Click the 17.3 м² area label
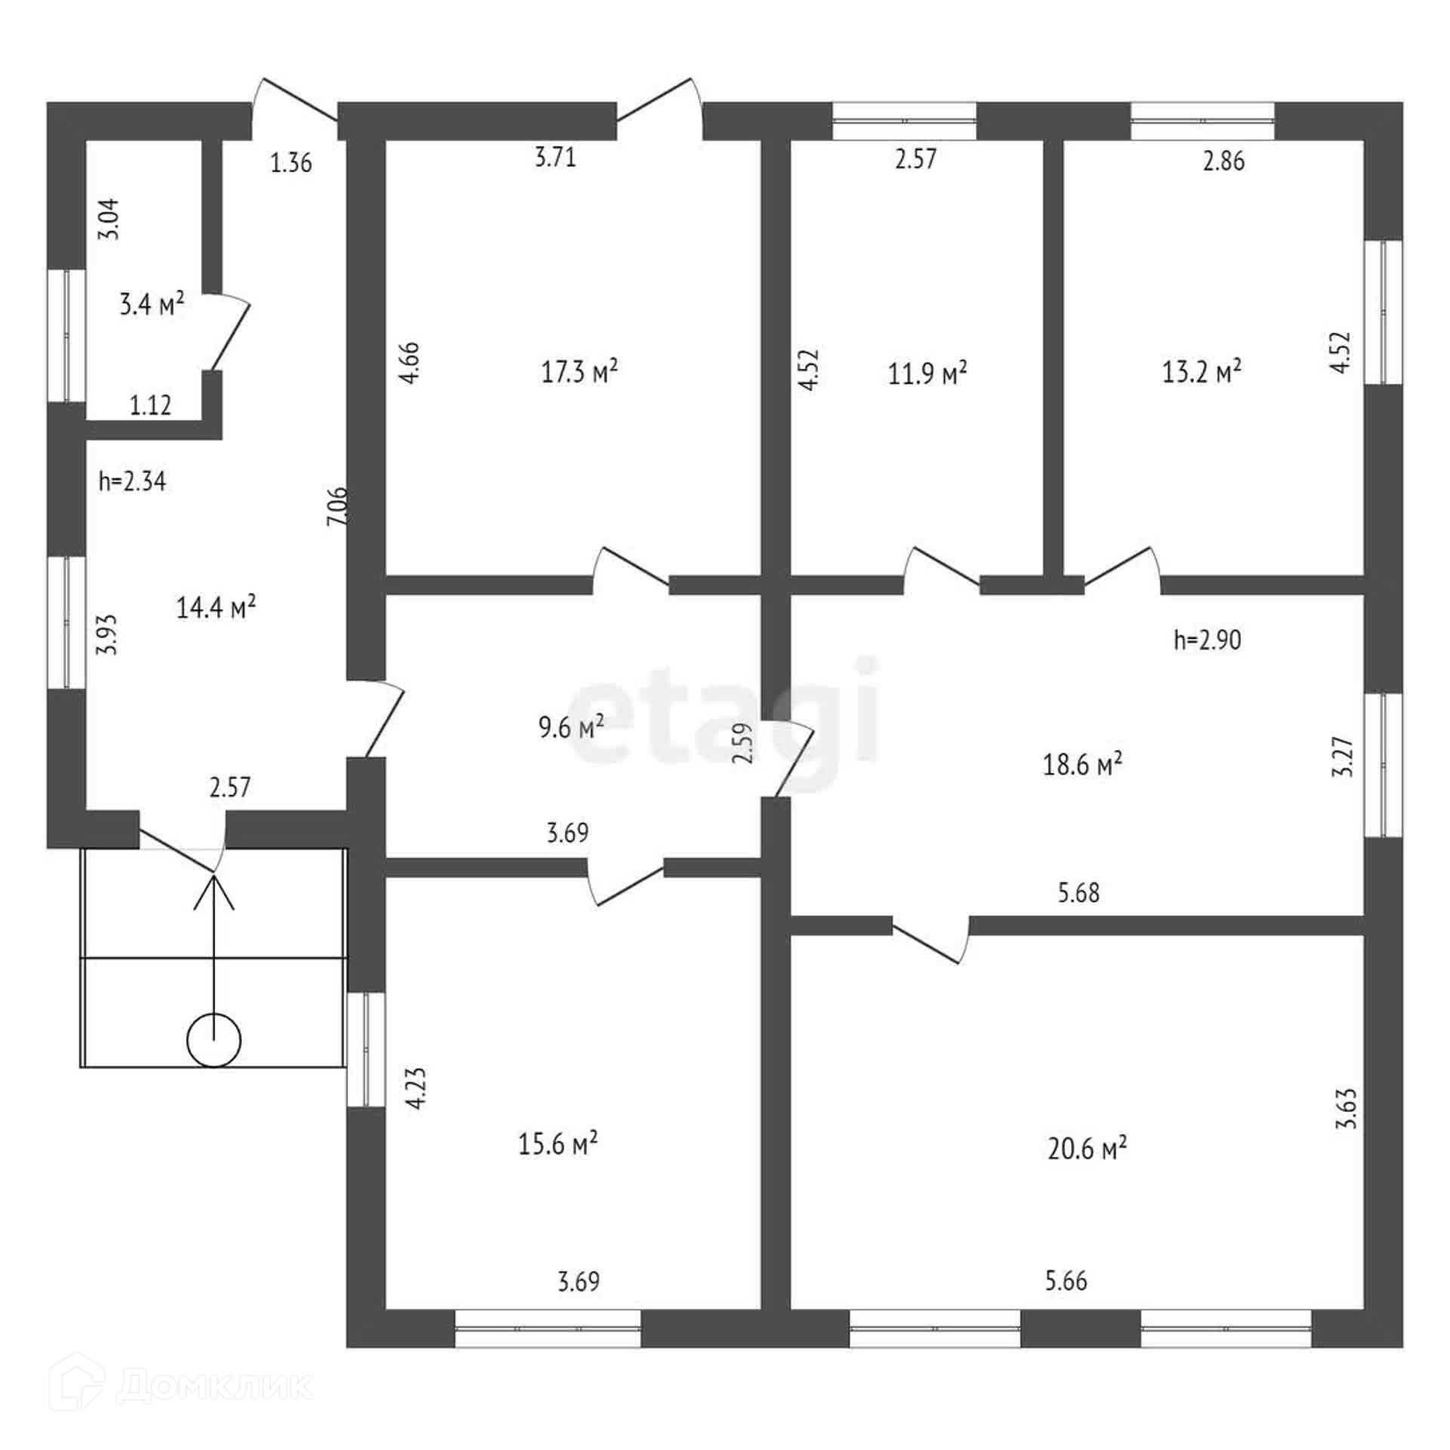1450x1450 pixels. coord(579,372)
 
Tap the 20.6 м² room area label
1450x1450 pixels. coord(1087,1149)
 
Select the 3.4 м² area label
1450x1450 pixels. coord(152,304)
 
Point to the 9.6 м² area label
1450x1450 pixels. coord(570,727)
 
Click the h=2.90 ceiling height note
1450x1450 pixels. coord(1208,640)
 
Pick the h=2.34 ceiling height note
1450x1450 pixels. coord(132,481)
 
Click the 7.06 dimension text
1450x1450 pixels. coord(338,505)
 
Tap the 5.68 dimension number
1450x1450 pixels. coord(1078,893)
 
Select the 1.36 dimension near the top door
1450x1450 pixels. coord(291,162)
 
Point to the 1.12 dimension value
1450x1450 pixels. coord(150,406)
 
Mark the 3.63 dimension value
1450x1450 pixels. coord(1346,1108)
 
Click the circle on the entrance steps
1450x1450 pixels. coord(214,1041)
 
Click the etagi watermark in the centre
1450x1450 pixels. coord(725,710)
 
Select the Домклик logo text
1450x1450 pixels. coord(215,1385)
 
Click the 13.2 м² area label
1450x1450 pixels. coord(1202,372)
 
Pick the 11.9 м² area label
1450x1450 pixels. coord(927,373)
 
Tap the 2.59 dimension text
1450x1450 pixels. coord(743,744)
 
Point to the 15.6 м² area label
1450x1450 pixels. coord(558,1144)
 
